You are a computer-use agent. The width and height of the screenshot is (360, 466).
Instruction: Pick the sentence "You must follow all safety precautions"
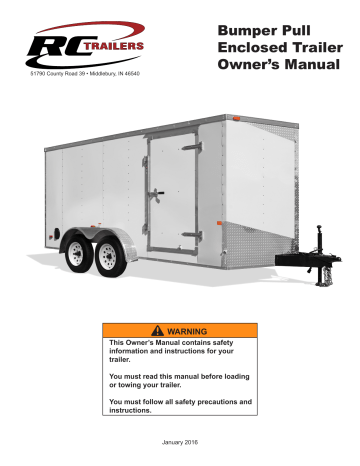click(176, 405)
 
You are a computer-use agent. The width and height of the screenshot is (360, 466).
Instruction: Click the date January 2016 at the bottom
click(180, 442)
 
